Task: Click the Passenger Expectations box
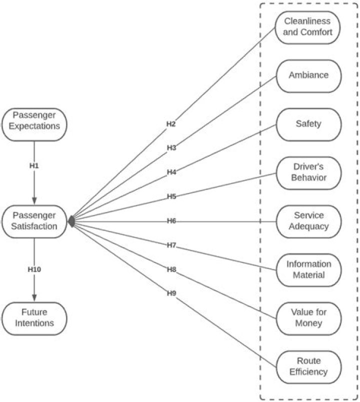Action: tap(34, 120)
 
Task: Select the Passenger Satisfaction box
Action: tap(34, 221)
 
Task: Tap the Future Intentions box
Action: tap(34, 318)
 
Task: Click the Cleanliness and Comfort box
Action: tap(308, 27)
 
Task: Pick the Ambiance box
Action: tap(308, 75)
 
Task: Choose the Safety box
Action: tap(308, 124)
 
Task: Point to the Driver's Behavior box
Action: tap(308, 172)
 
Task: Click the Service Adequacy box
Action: tap(308, 221)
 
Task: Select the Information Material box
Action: tap(308, 269)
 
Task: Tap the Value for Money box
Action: tap(308, 318)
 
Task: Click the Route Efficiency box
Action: tap(308, 366)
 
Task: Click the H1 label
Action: tap(34, 164)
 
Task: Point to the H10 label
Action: tap(34, 269)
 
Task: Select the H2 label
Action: tap(171, 123)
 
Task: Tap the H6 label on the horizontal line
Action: tap(171, 220)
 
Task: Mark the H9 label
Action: tap(171, 293)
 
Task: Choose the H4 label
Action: tap(171, 172)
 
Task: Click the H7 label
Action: tap(171, 244)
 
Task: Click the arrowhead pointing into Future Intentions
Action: tap(34, 298)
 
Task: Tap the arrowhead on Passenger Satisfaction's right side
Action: tap(71, 221)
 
